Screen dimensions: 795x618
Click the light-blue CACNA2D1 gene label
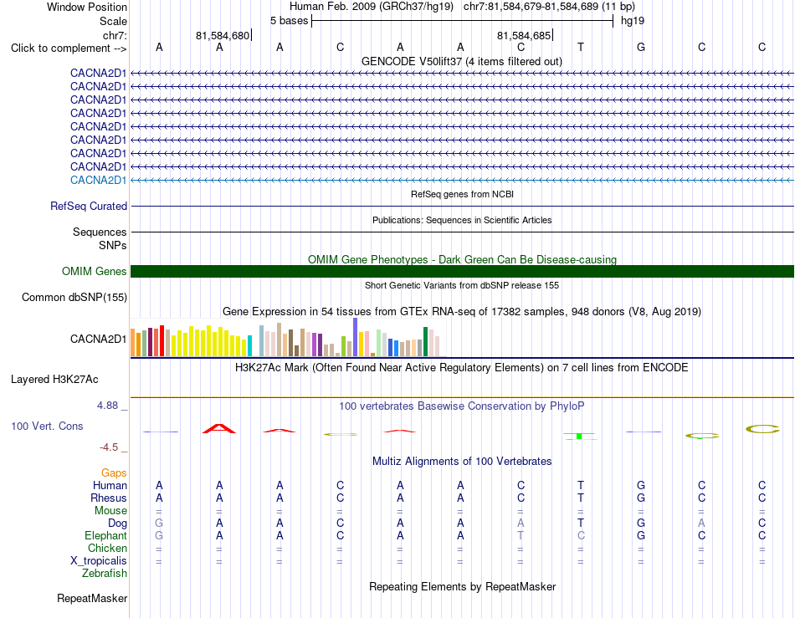click(x=99, y=181)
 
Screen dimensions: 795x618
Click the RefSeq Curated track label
click(x=89, y=207)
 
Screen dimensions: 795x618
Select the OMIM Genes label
click(x=95, y=272)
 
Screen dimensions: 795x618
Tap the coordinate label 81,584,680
click(x=223, y=35)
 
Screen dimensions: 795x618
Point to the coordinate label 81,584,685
click(x=524, y=35)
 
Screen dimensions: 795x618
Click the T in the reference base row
click(x=581, y=47)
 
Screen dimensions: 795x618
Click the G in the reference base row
click(x=641, y=47)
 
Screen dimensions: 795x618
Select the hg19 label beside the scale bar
click(x=633, y=21)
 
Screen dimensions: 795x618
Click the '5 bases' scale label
click(x=289, y=21)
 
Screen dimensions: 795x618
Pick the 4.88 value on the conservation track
click(x=107, y=406)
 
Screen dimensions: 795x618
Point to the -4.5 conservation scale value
click(x=109, y=447)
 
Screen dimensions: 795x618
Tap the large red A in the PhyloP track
click(x=219, y=428)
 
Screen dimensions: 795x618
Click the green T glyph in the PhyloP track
click(x=580, y=437)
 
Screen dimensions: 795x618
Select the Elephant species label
click(x=106, y=535)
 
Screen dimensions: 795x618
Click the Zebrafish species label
click(x=105, y=574)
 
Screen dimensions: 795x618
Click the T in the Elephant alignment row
click(x=521, y=535)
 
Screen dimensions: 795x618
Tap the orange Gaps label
click(x=114, y=472)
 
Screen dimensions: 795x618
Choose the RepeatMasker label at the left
click(x=92, y=598)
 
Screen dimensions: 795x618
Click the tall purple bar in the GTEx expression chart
click(x=356, y=337)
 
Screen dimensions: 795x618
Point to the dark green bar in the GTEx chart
click(x=426, y=342)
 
